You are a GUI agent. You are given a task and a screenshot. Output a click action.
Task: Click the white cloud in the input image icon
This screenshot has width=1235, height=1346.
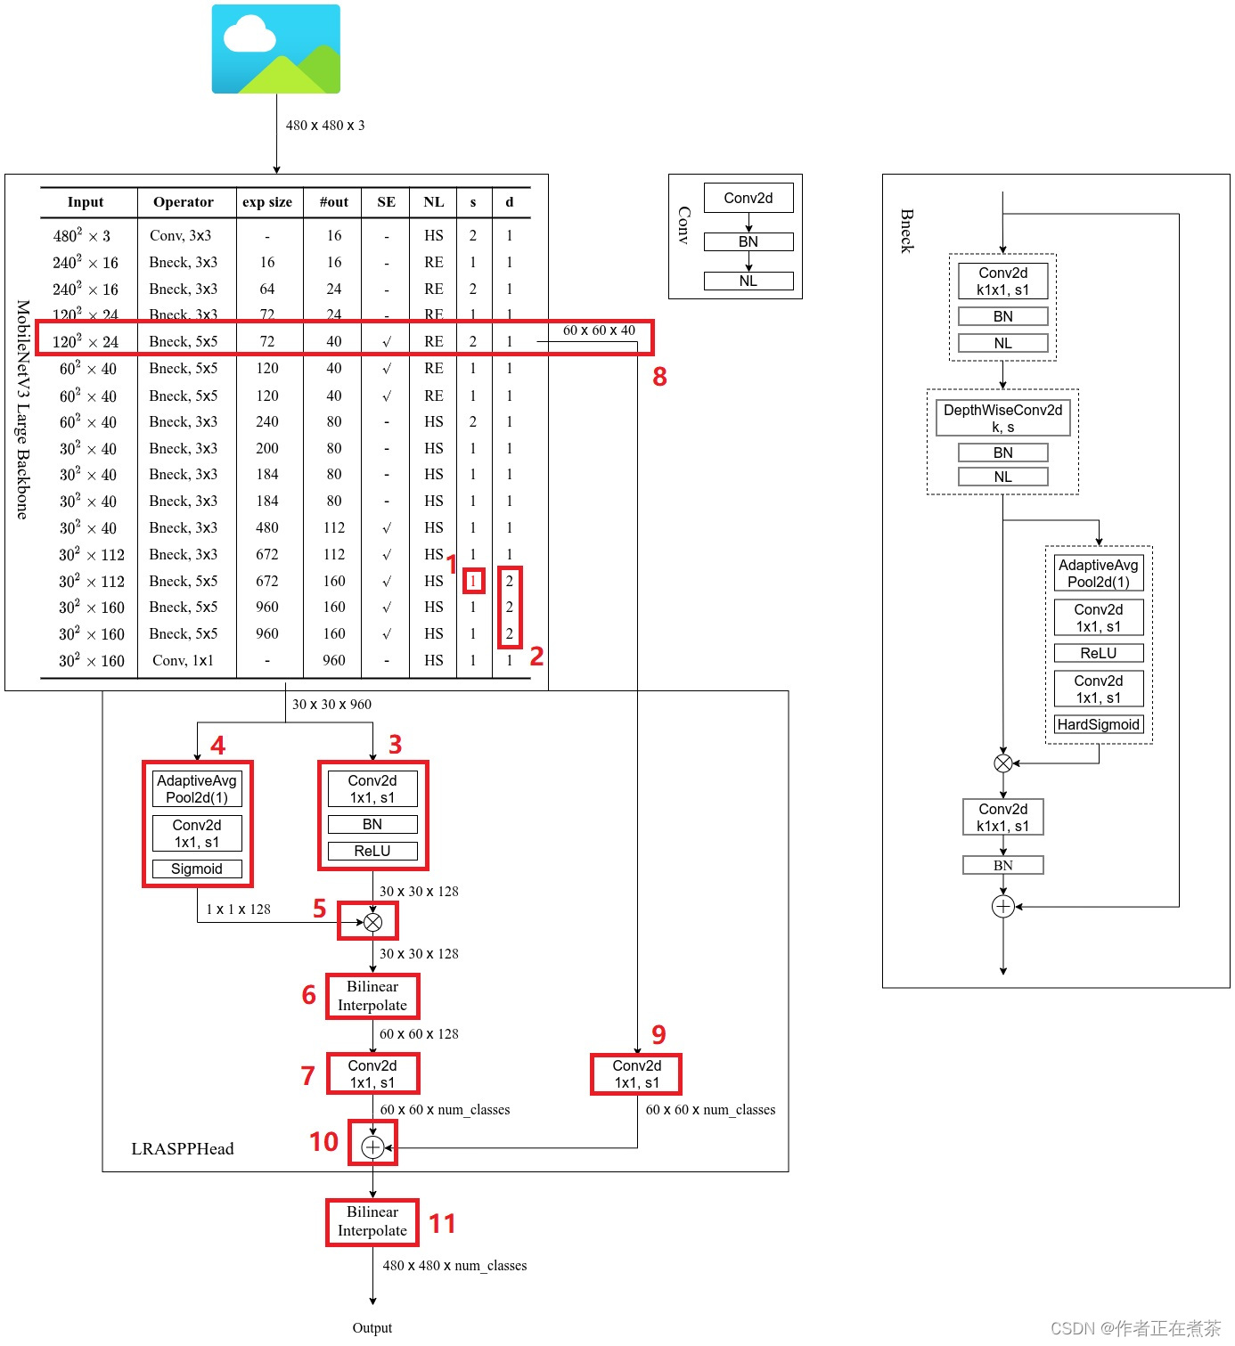(x=249, y=37)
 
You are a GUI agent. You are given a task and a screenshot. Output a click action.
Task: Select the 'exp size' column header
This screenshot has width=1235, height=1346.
(x=267, y=202)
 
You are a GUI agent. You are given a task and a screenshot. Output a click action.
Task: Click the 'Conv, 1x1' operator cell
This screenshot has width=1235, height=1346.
(x=183, y=660)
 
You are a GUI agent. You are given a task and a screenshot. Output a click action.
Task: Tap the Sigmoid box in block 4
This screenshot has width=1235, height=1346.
(x=197, y=869)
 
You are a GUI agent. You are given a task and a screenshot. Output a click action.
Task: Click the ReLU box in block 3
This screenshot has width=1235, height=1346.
(x=372, y=851)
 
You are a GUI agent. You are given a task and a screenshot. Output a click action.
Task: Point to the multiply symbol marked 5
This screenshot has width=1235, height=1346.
(x=372, y=922)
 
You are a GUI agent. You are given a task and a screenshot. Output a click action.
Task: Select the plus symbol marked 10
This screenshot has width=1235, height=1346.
(x=372, y=1147)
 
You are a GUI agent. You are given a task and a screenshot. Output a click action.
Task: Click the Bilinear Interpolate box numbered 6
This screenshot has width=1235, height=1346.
(x=372, y=996)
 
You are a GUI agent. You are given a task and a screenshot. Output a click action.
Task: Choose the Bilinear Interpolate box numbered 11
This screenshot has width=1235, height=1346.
(x=372, y=1221)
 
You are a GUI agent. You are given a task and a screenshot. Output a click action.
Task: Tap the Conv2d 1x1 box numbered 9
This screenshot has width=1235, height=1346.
(x=636, y=1074)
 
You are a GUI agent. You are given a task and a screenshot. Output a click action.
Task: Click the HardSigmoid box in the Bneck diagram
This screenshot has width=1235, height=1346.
(x=1098, y=724)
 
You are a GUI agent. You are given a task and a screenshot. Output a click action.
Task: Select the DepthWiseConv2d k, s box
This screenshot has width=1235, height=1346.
(x=1002, y=418)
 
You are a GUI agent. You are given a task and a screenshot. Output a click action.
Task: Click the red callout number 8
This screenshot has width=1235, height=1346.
(x=659, y=377)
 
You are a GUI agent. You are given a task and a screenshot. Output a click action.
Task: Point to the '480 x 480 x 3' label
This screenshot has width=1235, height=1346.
(x=325, y=126)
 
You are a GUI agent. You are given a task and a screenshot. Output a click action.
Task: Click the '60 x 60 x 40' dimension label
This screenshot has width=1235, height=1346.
(x=599, y=330)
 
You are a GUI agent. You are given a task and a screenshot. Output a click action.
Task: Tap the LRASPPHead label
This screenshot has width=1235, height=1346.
(x=183, y=1149)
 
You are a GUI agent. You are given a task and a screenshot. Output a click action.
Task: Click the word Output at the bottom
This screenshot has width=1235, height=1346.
(x=372, y=1328)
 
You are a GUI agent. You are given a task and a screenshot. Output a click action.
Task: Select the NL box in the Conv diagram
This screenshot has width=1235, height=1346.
(x=748, y=281)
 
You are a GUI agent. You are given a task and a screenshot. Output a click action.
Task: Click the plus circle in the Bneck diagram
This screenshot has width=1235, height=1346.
(x=1002, y=907)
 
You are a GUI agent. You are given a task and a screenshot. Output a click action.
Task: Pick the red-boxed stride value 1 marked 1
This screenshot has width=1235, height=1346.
(x=473, y=581)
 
